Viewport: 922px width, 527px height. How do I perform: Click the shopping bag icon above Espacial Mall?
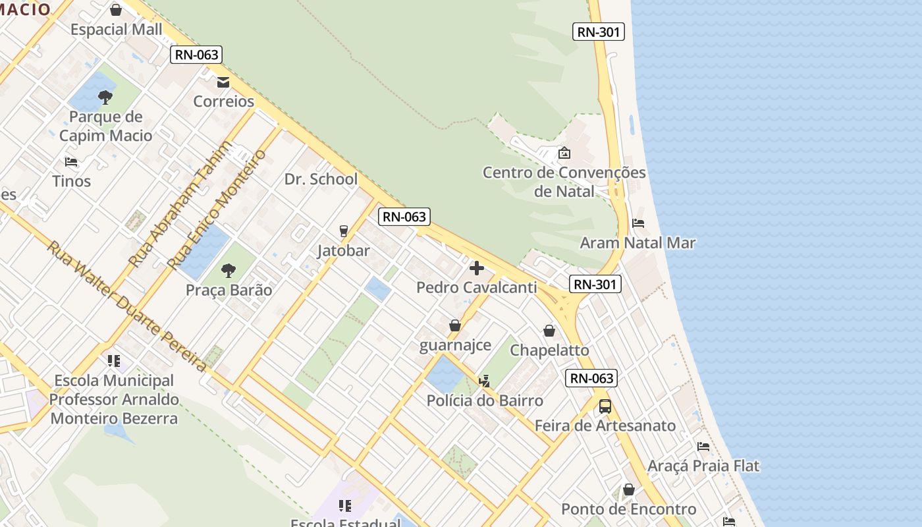click(116, 10)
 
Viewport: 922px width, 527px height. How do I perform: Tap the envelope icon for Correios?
click(223, 82)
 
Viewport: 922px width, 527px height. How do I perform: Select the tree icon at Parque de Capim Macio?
click(105, 98)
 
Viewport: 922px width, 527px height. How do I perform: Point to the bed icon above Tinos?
click(71, 162)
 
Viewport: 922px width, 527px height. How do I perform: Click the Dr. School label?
click(321, 179)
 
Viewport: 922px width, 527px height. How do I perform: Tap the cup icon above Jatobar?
click(343, 231)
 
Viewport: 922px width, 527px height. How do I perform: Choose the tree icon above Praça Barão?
click(229, 270)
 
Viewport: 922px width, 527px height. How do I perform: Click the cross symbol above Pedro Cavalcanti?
click(477, 268)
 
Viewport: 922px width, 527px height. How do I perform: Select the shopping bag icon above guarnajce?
click(454, 325)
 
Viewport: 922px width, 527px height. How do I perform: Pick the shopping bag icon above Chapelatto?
click(549, 331)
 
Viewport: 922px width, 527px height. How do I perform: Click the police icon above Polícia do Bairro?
click(485, 381)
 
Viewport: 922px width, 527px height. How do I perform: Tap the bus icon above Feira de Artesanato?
click(605, 406)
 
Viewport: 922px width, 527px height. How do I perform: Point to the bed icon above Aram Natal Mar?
click(637, 223)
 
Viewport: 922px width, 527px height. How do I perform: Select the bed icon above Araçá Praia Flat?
click(703, 447)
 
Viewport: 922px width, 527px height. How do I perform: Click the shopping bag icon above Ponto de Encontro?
click(629, 489)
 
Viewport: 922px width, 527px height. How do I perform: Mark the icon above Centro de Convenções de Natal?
click(564, 153)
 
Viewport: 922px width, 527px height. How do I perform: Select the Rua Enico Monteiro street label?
click(217, 209)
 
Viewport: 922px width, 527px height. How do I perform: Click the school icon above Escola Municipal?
click(114, 361)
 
